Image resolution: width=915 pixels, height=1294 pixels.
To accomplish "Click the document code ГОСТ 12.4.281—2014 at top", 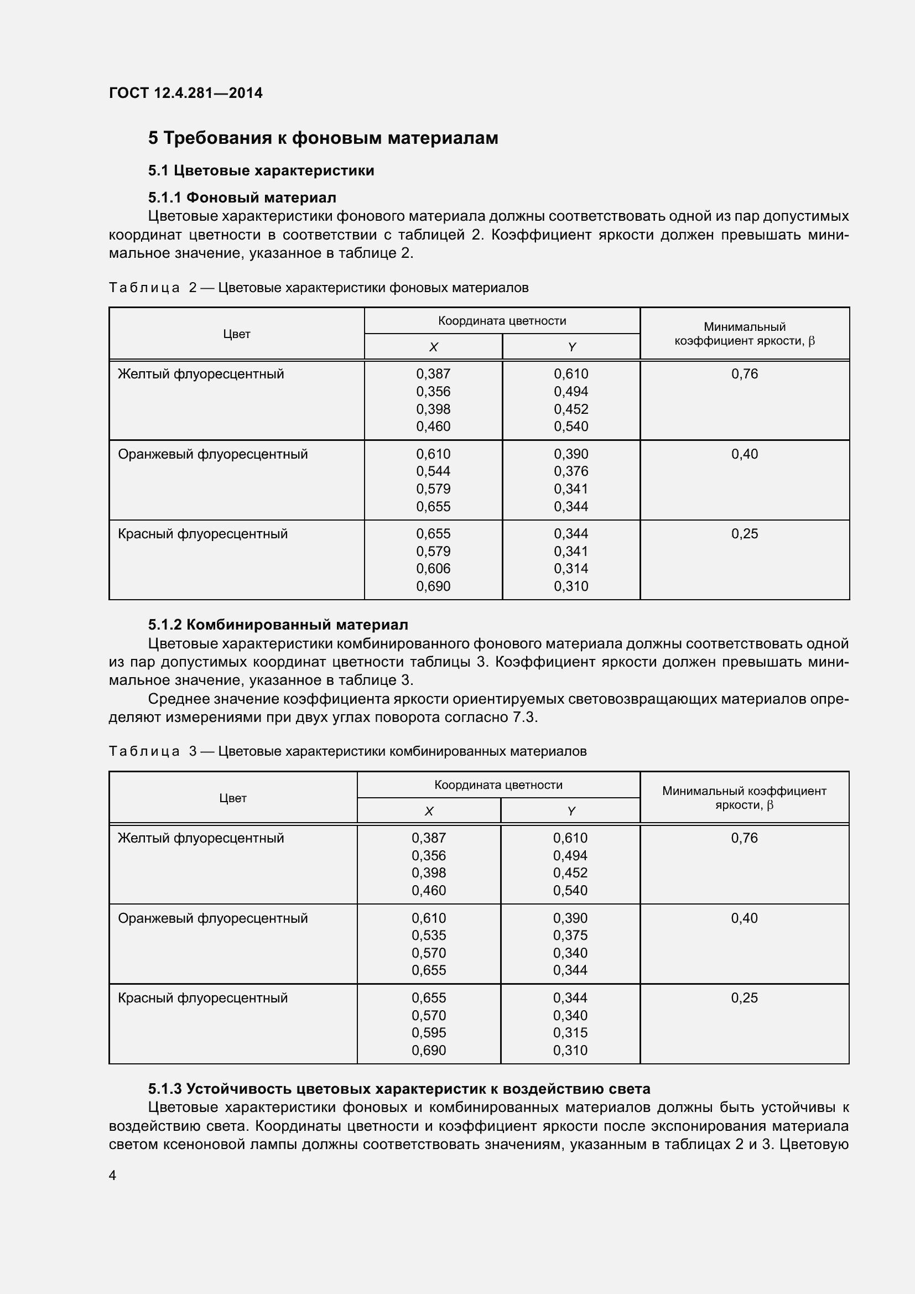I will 185,93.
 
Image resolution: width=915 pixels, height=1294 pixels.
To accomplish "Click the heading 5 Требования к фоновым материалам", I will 323,138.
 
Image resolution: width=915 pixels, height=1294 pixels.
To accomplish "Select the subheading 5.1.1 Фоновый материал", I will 242,198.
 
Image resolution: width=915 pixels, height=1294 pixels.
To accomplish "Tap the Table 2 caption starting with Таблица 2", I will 318,288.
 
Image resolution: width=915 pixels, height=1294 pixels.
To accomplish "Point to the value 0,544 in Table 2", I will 433,471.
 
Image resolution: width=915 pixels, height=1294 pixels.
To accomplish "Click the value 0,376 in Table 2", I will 570,471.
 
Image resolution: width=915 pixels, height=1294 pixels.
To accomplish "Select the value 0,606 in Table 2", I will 433,569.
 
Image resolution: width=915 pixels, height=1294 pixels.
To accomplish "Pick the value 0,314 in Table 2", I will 570,569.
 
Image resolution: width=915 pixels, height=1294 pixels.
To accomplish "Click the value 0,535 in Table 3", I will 428,935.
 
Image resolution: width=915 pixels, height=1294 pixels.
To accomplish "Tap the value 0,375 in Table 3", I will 570,935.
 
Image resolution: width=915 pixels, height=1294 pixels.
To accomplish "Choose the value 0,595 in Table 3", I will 428,1032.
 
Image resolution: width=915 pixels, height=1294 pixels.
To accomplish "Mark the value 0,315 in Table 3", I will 570,1032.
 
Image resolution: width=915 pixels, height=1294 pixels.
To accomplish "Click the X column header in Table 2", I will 433,347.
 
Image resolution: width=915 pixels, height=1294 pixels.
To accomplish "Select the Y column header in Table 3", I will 570,811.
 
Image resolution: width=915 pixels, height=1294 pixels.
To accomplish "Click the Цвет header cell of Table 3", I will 233,798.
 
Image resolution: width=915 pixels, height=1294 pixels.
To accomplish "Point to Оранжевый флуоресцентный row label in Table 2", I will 212,454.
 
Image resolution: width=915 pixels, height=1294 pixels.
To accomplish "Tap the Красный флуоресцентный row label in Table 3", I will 202,998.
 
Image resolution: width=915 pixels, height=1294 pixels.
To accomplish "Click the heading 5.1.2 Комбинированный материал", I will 278,625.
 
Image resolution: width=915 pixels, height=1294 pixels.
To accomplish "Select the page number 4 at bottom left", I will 113,1175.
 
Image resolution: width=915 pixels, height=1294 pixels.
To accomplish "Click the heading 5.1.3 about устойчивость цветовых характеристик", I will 399,1088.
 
